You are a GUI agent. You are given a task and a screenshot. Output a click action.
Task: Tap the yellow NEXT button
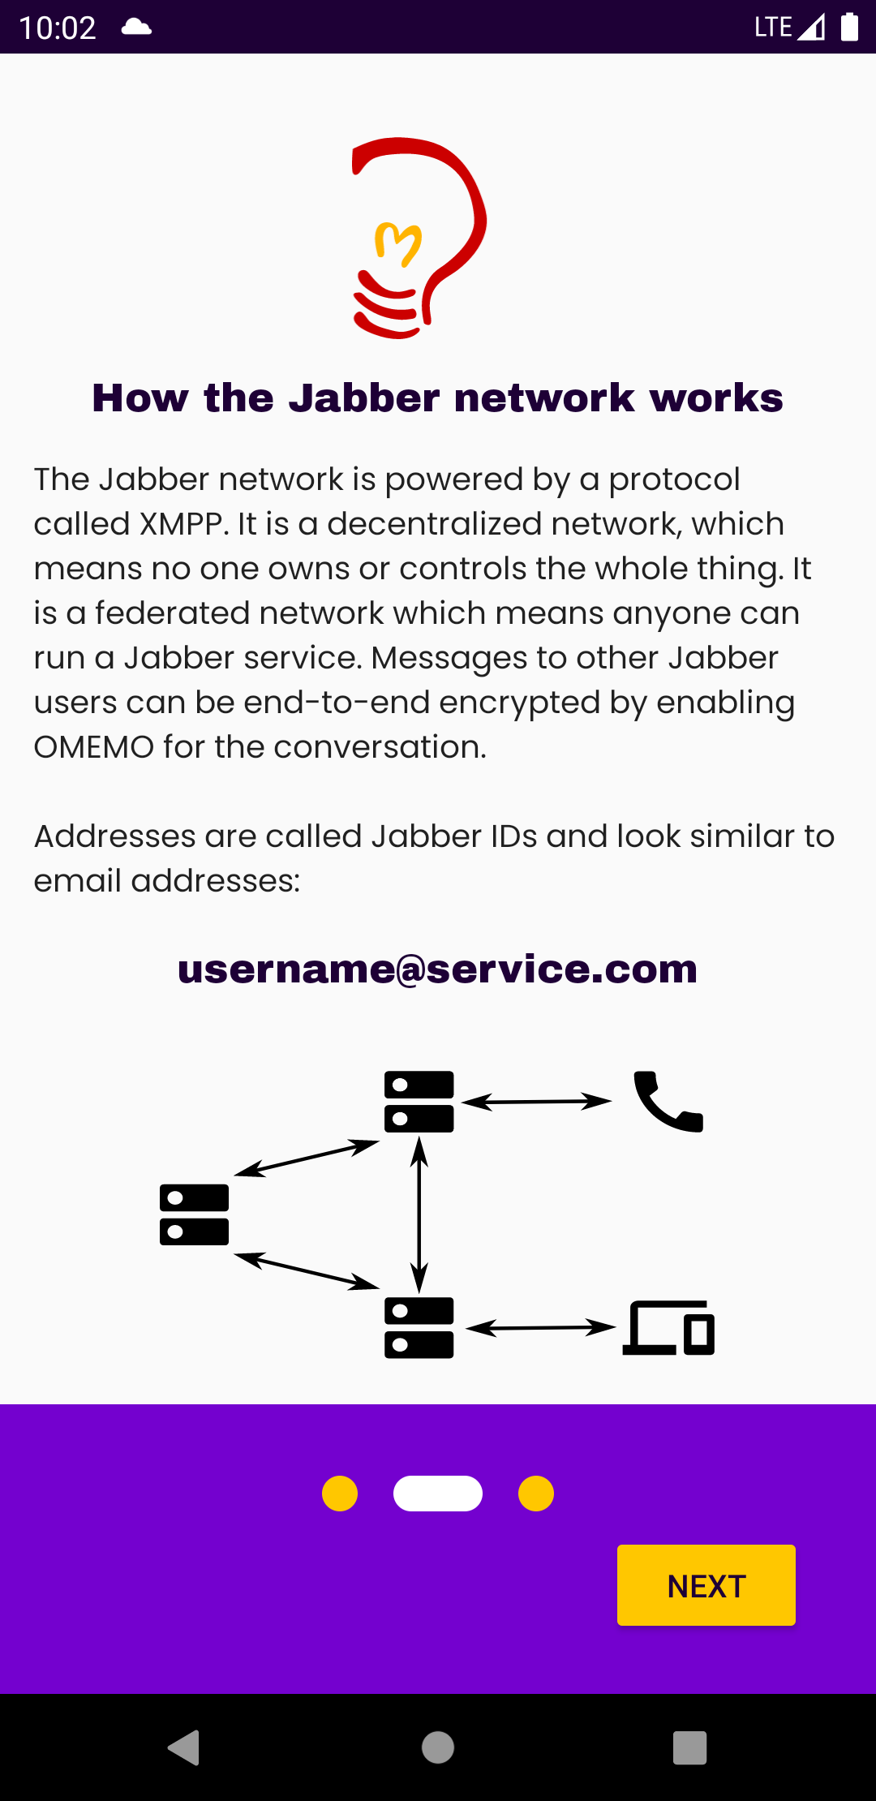pyautogui.click(x=706, y=1585)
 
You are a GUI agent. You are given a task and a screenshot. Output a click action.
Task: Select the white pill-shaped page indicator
pyautogui.click(x=438, y=1494)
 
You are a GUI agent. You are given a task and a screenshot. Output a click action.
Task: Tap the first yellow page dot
pyautogui.click(x=340, y=1494)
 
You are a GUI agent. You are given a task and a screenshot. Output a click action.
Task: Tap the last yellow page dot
pyautogui.click(x=536, y=1494)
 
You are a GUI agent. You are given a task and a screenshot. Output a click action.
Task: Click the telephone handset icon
pyautogui.click(x=668, y=1101)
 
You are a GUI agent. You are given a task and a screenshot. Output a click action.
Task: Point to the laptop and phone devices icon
pyautogui.click(x=668, y=1328)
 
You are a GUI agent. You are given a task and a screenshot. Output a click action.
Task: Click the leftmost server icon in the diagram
pyautogui.click(x=195, y=1214)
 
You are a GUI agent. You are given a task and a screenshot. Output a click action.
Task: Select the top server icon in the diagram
pyautogui.click(x=419, y=1102)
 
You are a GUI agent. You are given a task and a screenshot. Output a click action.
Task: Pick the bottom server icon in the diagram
pyautogui.click(x=419, y=1328)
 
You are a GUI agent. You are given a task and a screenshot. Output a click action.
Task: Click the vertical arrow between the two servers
pyautogui.click(x=419, y=1214)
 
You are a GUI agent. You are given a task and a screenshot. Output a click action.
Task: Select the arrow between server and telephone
pyautogui.click(x=536, y=1102)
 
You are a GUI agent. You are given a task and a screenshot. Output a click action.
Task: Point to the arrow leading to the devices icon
pyautogui.click(x=541, y=1328)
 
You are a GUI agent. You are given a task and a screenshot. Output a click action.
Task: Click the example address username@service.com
pyautogui.click(x=438, y=969)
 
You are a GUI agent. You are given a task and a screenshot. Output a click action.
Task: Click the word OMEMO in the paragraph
pyautogui.click(x=94, y=747)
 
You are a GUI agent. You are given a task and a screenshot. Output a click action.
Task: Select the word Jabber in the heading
pyautogui.click(x=365, y=398)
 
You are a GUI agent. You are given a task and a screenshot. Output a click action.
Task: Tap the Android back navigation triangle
pyautogui.click(x=184, y=1747)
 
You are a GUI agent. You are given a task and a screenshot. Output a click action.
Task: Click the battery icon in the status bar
pyautogui.click(x=849, y=27)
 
